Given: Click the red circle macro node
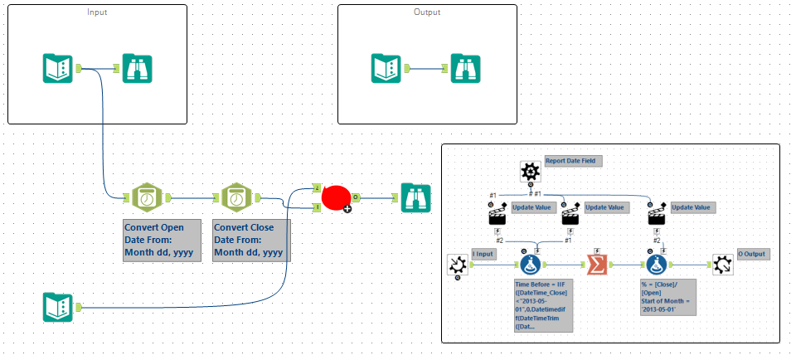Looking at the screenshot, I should [x=335, y=197].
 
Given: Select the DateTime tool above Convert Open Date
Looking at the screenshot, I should [x=145, y=198].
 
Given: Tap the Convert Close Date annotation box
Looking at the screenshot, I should [x=250, y=241].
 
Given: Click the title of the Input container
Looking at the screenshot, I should [x=97, y=12].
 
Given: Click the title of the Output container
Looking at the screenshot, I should [x=427, y=12].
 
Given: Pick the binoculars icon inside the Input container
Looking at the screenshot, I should [x=138, y=68].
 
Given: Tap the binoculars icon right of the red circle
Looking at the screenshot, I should [x=415, y=197].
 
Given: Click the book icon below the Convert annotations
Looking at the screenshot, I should [x=57, y=307].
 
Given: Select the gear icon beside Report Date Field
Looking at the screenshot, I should [x=531, y=171].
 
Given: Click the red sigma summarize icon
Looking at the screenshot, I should [x=595, y=265].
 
